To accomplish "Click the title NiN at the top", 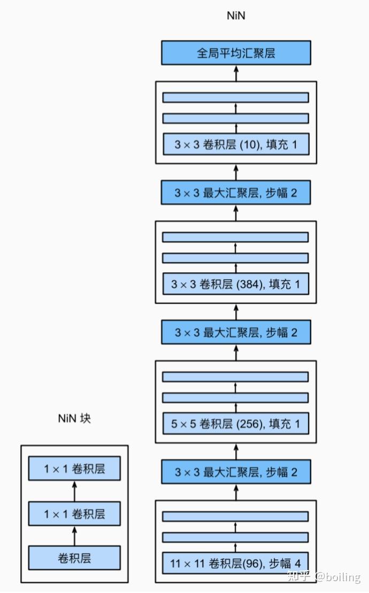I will (236, 16).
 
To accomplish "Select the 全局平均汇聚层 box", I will (236, 53).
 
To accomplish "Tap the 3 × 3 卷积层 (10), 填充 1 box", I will (236, 144).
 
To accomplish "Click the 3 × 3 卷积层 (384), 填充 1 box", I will (236, 284).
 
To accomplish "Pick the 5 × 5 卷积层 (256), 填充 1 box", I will (236, 424).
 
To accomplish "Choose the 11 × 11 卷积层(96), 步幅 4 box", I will (236, 563).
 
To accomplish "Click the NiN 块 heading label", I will (74, 418).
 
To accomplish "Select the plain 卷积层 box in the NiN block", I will (74, 558).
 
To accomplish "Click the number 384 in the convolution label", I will (247, 284).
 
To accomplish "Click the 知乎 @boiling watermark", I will (324, 576).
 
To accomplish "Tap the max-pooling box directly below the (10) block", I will (236, 192).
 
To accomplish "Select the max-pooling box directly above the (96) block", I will (236, 472).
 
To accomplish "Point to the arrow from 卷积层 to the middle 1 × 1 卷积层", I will (74, 536).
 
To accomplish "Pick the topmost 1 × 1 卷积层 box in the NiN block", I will (74, 469).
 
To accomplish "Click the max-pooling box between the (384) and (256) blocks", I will (236, 333).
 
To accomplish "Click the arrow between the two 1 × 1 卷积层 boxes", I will (74, 491).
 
